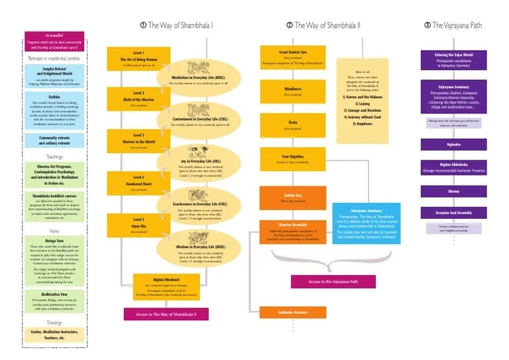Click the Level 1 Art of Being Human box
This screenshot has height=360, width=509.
[x=138, y=58]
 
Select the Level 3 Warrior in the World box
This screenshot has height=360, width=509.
[x=138, y=141]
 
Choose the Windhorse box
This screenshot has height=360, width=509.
[x=283, y=91]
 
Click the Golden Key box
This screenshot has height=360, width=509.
[x=283, y=198]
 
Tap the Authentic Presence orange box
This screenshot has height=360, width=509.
[x=283, y=312]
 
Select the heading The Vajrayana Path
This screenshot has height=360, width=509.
[x=455, y=25]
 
